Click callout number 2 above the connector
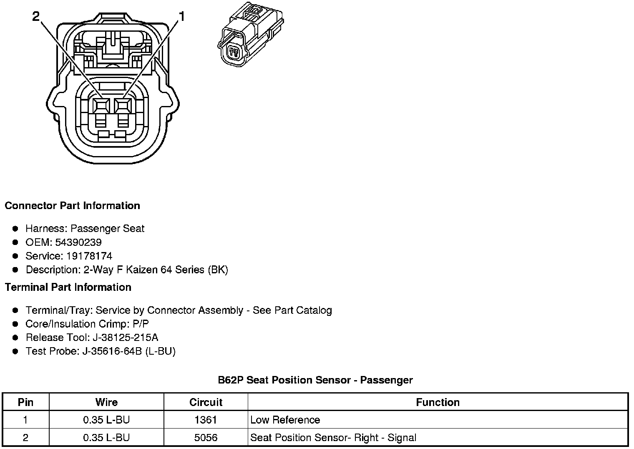(x=36, y=16)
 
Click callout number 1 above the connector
(x=181, y=16)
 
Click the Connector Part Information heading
(x=72, y=206)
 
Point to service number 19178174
(x=89, y=256)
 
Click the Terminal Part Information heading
(x=68, y=288)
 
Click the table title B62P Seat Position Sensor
(x=315, y=380)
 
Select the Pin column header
(x=25, y=402)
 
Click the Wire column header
(x=106, y=402)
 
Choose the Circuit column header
(x=206, y=402)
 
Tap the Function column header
(x=438, y=402)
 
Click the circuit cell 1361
(x=206, y=420)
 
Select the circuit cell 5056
(x=206, y=438)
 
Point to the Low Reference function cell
(x=285, y=420)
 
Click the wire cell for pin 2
(x=106, y=438)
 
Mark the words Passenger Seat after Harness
(x=107, y=229)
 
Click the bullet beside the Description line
(x=15, y=270)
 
